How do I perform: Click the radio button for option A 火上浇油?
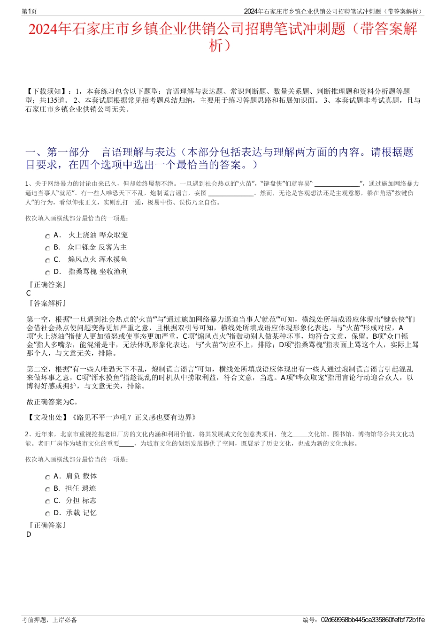click(x=47, y=236)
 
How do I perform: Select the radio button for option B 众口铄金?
click(x=47, y=248)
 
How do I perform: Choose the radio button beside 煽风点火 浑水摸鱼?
click(x=47, y=260)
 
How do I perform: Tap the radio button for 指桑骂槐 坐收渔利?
click(x=47, y=273)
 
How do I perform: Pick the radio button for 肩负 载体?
click(x=47, y=477)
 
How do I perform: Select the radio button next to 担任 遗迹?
click(x=47, y=489)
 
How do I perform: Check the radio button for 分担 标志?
click(x=47, y=502)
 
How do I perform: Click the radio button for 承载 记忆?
click(x=47, y=514)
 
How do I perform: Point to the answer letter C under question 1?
click(x=29, y=293)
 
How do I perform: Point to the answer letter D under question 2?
click(x=29, y=534)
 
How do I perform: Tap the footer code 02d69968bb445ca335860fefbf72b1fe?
click(x=373, y=620)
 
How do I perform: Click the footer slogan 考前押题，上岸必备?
click(x=49, y=620)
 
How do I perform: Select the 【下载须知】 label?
click(x=44, y=91)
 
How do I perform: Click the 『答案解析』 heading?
click(x=47, y=304)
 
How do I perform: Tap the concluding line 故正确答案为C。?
click(x=53, y=402)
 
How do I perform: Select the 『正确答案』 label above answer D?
click(x=47, y=525)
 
